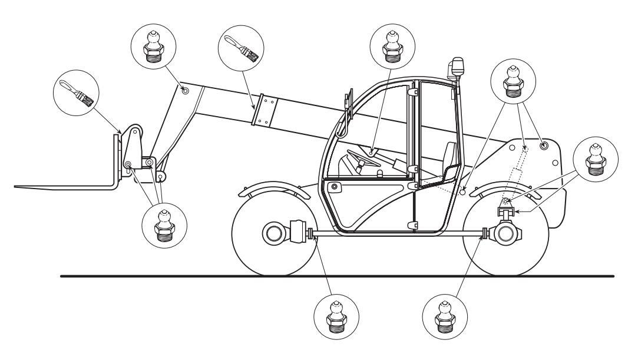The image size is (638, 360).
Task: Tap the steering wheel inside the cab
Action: coord(359,157)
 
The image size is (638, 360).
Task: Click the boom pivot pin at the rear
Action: coord(544,145)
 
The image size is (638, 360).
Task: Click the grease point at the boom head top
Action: coord(185,91)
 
